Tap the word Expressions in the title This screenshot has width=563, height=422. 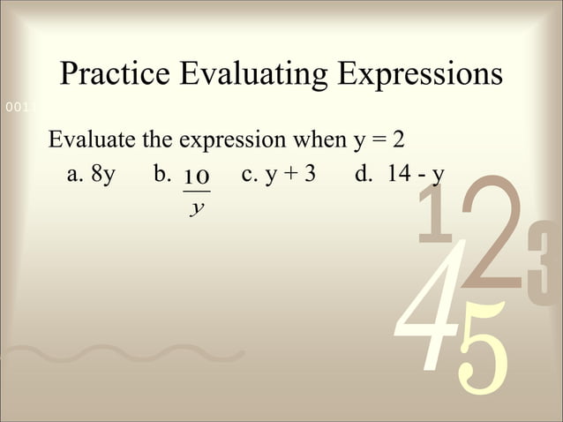[419, 77]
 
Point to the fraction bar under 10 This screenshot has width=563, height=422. [196, 192]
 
